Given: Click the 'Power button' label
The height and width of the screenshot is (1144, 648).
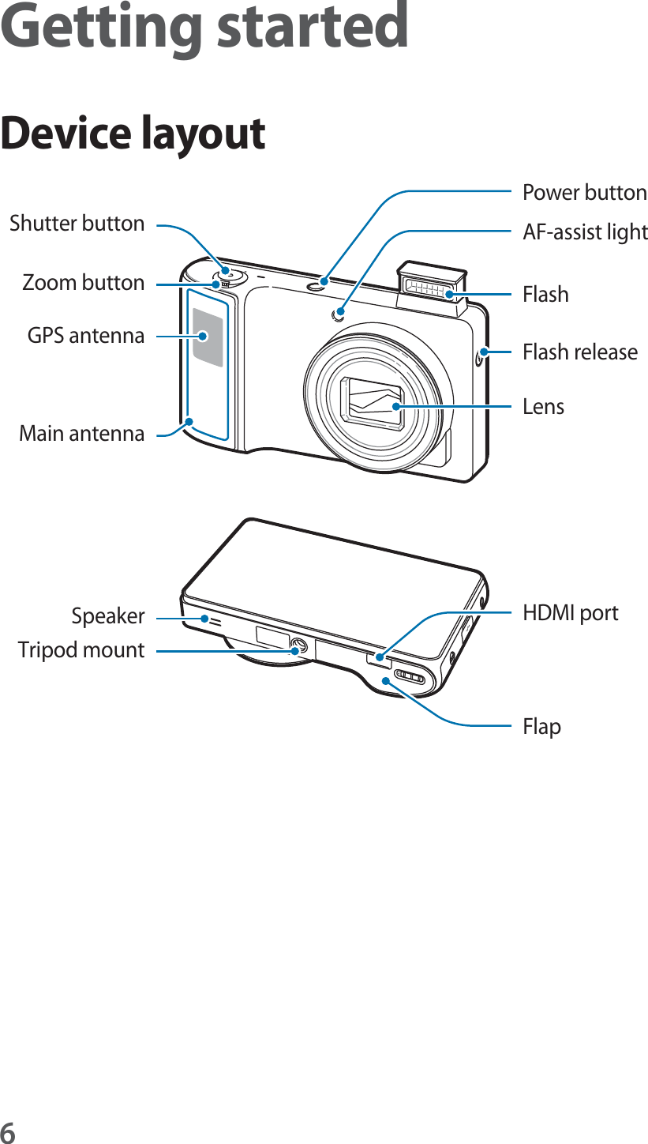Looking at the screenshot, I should point(584,193).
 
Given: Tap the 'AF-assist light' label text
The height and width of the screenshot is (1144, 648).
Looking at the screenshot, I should point(585,232).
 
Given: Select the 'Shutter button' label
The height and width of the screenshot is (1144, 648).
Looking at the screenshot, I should point(77,224).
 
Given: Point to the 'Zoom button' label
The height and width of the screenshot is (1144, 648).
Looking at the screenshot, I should point(83,283).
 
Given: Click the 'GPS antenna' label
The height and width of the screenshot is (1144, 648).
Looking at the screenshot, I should point(86,336).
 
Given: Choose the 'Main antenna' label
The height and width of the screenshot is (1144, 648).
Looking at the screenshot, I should point(81,433).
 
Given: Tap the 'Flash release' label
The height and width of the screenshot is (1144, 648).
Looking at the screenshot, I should point(580,352).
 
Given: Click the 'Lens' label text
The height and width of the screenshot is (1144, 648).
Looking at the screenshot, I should point(544,407).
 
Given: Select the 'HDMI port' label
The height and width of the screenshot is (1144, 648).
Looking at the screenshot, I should point(571,613).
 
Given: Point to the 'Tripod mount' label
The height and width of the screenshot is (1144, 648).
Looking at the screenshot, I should point(81,650).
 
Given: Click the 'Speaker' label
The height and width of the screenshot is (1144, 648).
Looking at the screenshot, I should point(108,616).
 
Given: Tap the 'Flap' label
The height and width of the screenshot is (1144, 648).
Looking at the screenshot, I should point(542,726).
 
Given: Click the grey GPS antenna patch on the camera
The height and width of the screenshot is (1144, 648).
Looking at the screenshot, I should point(208,337).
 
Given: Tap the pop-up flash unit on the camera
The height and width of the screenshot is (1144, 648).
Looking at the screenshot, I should point(432,284).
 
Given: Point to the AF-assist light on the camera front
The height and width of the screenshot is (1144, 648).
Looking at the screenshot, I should point(339,314).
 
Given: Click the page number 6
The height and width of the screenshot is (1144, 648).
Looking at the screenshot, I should point(8,1131).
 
